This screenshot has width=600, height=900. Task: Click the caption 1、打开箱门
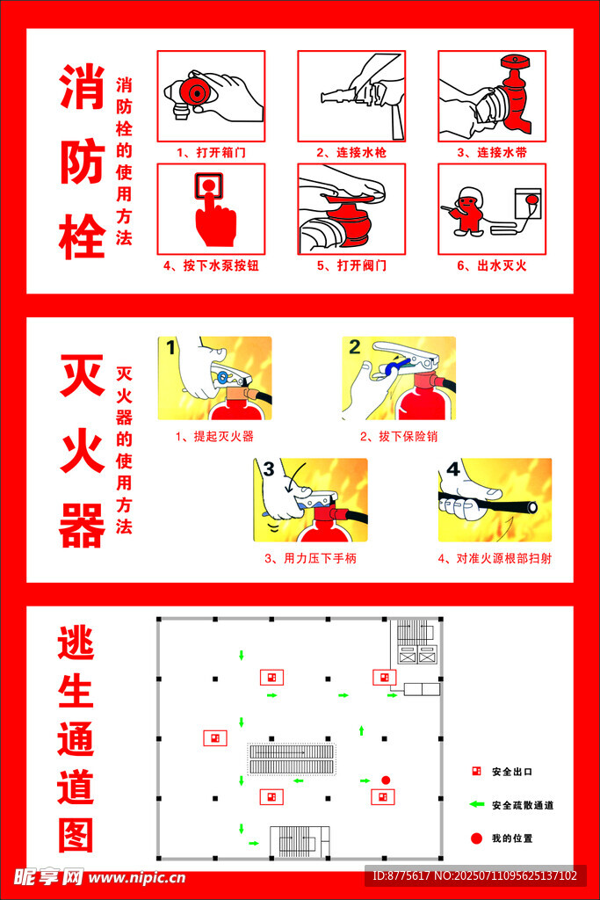[211, 153]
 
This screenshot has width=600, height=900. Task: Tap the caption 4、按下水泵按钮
[211, 265]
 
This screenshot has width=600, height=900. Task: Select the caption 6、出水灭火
[492, 265]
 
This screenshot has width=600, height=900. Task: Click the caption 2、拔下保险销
[399, 437]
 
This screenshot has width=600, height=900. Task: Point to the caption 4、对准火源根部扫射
[495, 558]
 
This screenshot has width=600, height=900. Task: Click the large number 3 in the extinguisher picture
[269, 469]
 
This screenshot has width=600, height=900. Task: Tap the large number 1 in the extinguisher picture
[170, 348]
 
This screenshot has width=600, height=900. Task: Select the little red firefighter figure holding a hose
[468, 212]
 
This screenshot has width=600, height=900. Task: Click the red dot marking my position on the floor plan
[386, 780]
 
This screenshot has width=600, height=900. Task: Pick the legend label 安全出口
[511, 772]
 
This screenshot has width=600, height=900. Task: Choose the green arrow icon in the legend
[477, 804]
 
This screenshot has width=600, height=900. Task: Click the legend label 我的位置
[511, 838]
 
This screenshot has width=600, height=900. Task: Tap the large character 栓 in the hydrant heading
[82, 236]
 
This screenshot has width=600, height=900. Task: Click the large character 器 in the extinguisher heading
[82, 526]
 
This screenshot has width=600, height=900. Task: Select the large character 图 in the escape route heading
[76, 835]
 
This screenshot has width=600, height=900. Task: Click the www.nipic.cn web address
[137, 878]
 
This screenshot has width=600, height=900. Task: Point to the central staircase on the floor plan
[292, 758]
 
